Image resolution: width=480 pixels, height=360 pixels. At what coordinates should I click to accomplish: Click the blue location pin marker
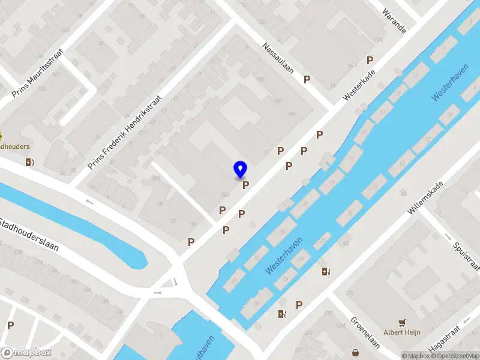click(x=241, y=170)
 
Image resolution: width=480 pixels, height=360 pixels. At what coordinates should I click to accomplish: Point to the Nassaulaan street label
click(x=279, y=57)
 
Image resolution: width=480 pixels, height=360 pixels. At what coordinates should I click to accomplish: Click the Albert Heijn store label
click(x=402, y=332)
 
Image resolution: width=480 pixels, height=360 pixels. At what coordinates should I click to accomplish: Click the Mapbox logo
click(x=26, y=352)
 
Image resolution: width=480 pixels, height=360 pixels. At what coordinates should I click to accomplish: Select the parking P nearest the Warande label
click(x=370, y=60)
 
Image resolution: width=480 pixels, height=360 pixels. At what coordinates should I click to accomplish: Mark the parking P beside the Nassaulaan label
click(x=307, y=79)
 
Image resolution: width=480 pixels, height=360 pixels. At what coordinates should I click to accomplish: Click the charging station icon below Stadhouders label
click(x=29, y=162)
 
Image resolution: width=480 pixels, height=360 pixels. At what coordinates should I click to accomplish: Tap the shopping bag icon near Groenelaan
click(x=356, y=352)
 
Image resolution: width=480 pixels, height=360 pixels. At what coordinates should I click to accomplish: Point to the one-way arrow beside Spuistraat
click(x=448, y=236)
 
